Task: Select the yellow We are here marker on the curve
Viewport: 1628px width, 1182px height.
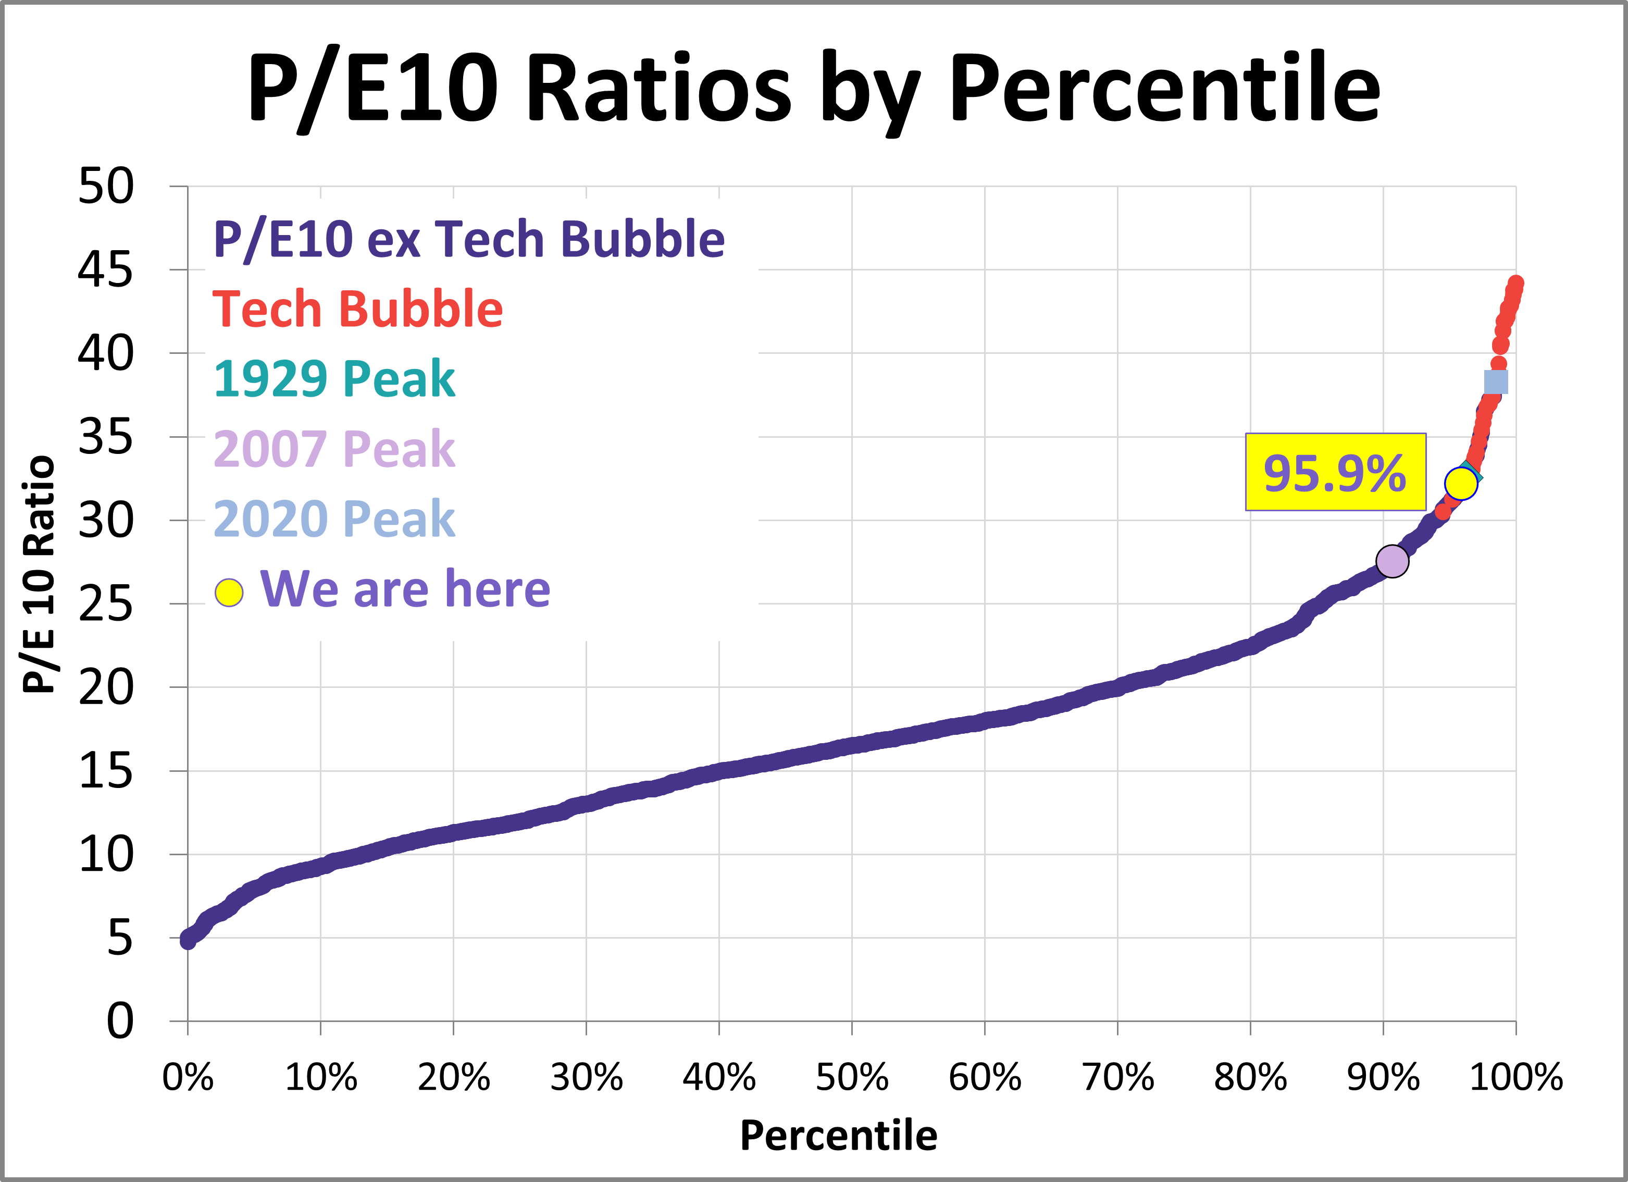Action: point(1461,483)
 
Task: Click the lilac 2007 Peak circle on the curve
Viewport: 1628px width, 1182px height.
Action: point(1392,561)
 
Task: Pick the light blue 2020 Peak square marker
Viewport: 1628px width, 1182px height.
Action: point(1496,382)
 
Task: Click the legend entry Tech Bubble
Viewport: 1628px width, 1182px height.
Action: point(357,310)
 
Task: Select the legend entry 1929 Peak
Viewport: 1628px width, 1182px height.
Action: point(334,379)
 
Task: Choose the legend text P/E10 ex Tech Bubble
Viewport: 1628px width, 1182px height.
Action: point(469,239)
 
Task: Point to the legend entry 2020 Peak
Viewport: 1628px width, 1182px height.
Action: point(334,519)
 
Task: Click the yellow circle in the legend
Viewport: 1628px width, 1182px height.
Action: point(229,593)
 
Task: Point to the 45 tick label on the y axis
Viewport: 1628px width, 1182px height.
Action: point(106,270)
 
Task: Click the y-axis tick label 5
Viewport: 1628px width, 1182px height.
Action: point(120,938)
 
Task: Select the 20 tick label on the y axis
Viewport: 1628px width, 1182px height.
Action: point(106,688)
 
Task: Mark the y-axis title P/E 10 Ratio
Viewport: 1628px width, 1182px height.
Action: point(40,574)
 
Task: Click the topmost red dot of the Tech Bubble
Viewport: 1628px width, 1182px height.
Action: point(1516,284)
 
